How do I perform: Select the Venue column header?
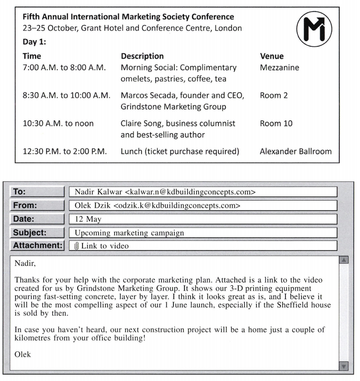(x=272, y=56)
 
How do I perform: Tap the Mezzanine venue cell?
(x=279, y=67)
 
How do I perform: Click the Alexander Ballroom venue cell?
(x=296, y=151)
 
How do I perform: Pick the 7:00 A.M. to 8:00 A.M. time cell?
(x=64, y=67)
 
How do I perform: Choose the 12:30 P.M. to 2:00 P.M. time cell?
(x=65, y=151)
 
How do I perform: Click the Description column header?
(x=142, y=56)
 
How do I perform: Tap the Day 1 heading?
(x=34, y=42)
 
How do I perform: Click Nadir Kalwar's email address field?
(x=203, y=192)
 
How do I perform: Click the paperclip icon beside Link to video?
(x=77, y=246)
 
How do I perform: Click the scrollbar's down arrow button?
(x=344, y=366)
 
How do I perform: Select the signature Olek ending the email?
(x=23, y=354)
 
